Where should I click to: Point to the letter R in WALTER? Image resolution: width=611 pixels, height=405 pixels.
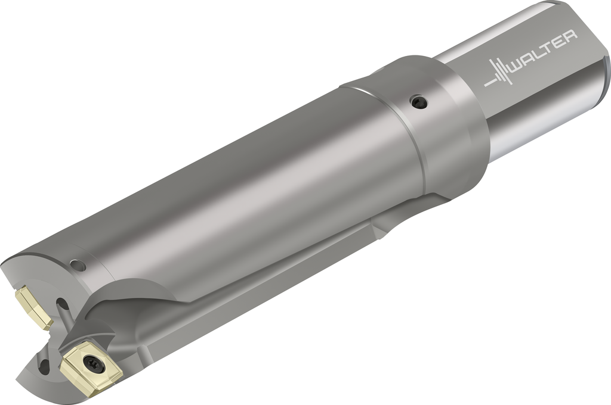[x=570, y=36]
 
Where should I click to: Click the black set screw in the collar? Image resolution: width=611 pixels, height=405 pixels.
[x=419, y=102]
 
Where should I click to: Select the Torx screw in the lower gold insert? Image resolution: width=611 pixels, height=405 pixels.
[x=94, y=364]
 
